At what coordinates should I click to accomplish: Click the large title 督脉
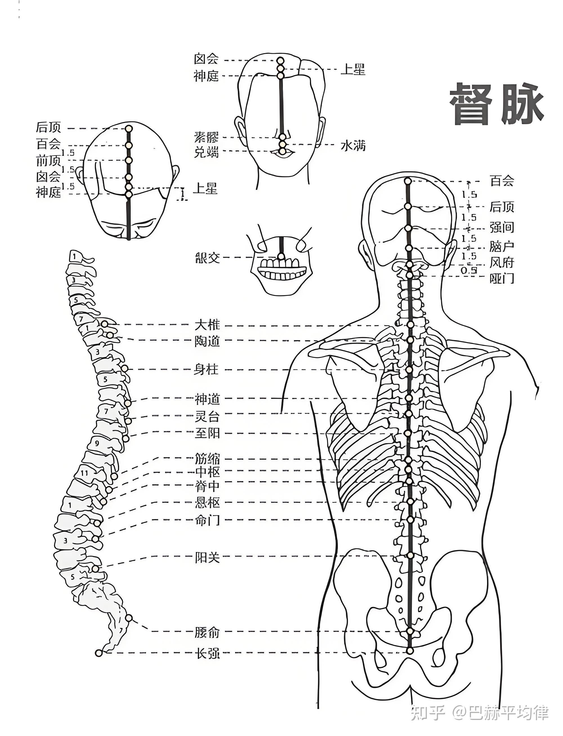pos(496,104)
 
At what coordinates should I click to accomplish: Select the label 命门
pos(207,520)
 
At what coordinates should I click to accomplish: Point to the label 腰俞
pos(207,632)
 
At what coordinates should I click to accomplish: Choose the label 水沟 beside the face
pos(353,146)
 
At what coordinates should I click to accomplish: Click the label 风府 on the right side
pos(502,262)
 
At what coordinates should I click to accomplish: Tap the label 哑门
pos(502,278)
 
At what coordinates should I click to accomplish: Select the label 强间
pos(502,228)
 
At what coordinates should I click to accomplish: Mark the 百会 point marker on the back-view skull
pos(408,181)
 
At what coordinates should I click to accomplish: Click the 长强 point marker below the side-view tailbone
pos(98,653)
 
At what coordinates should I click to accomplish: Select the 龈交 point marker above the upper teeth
pos(281,256)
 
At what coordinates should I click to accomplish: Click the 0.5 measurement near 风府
pos(468,270)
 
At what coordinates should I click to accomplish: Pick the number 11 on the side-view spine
pos(84,473)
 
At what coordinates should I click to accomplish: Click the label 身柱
pos(206,370)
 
